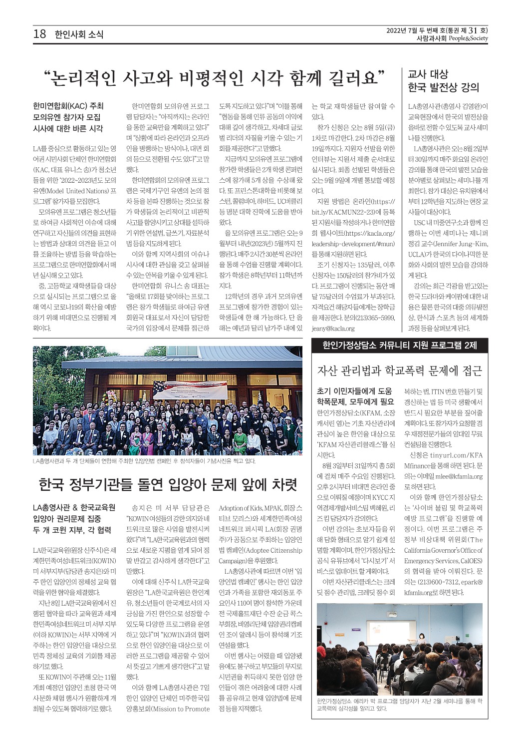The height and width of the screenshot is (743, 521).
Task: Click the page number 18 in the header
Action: click(x=39, y=34)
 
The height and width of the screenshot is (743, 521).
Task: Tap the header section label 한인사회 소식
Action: click(x=79, y=34)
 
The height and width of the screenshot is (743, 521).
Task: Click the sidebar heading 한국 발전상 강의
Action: click(x=443, y=88)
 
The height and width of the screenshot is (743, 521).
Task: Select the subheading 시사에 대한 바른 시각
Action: click(x=68, y=129)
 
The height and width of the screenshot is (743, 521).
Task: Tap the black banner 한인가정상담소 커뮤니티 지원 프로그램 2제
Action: click(x=400, y=345)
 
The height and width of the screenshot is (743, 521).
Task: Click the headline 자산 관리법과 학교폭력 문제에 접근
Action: click(x=399, y=371)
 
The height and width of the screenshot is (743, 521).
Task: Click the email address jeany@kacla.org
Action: click(x=333, y=329)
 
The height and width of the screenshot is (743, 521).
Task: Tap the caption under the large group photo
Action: click(x=144, y=461)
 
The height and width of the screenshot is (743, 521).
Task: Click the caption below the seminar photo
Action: click(x=399, y=705)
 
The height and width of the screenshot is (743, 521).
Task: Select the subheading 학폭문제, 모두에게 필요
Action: click(x=355, y=401)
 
